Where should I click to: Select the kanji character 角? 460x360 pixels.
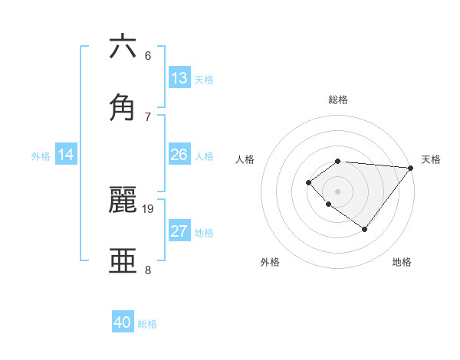123,106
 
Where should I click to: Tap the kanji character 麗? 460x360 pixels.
123,199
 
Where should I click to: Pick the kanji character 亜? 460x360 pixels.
123,260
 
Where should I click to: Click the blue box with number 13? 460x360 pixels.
179,78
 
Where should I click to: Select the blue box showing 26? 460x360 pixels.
179,155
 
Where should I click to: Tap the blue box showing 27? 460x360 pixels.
179,231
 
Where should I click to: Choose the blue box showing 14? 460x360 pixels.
66,155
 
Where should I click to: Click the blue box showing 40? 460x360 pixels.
123,322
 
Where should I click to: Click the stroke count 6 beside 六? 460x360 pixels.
148,56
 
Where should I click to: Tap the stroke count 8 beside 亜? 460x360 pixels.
148,270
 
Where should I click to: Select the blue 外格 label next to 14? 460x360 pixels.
41,155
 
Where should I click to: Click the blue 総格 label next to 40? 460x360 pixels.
147,324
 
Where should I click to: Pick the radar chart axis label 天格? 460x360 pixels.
431,159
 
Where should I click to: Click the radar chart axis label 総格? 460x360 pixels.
338,100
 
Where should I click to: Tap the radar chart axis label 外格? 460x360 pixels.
270,262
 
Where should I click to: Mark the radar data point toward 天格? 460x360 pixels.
411,168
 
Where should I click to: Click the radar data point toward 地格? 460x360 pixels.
365,229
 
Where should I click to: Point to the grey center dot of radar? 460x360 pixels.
338,191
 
